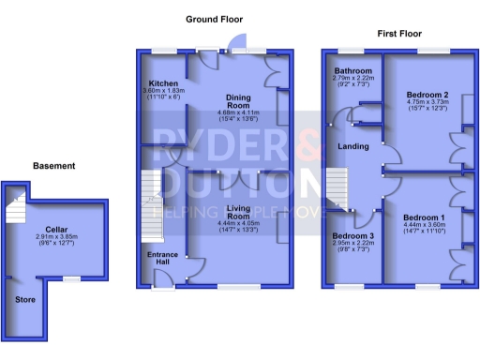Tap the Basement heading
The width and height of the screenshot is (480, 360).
53,166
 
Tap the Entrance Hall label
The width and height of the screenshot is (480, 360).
161,259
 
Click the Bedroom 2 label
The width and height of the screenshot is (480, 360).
427,96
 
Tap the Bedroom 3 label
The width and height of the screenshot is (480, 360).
352,235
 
